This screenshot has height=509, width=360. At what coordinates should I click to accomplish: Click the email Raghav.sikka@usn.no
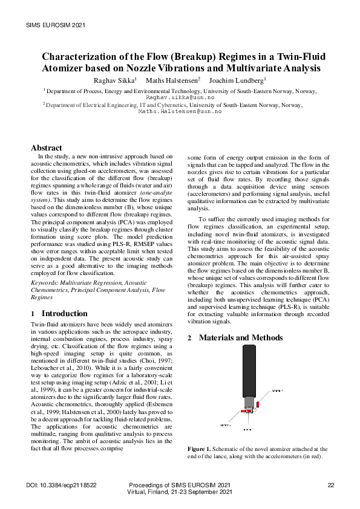(180, 97)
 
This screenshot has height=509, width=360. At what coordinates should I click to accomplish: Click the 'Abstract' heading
(47, 148)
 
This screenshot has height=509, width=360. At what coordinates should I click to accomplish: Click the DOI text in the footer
(62, 485)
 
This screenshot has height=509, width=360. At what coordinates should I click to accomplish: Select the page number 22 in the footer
(330, 485)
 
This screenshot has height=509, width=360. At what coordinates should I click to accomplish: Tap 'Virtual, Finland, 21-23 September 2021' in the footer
(180, 493)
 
